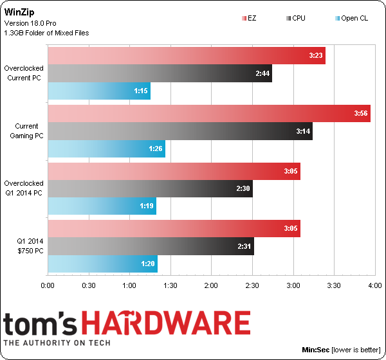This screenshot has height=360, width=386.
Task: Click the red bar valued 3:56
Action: pyautogui.click(x=209, y=114)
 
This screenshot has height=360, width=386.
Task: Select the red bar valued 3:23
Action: pyautogui.click(x=187, y=56)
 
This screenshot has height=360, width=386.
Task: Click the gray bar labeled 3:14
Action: pyautogui.click(x=180, y=131)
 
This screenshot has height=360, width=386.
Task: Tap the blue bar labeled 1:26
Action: pyautogui.click(x=106, y=148)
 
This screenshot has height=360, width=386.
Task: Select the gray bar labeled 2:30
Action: pyautogui.click(x=150, y=189)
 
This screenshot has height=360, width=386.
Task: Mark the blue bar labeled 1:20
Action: pyautogui.click(x=102, y=264)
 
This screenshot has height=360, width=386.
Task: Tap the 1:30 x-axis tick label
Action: pyautogui.click(x=170, y=285)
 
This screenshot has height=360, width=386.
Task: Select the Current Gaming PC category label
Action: pyautogui.click(x=26, y=130)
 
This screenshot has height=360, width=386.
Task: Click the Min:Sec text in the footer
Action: pyautogui.click(x=315, y=350)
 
